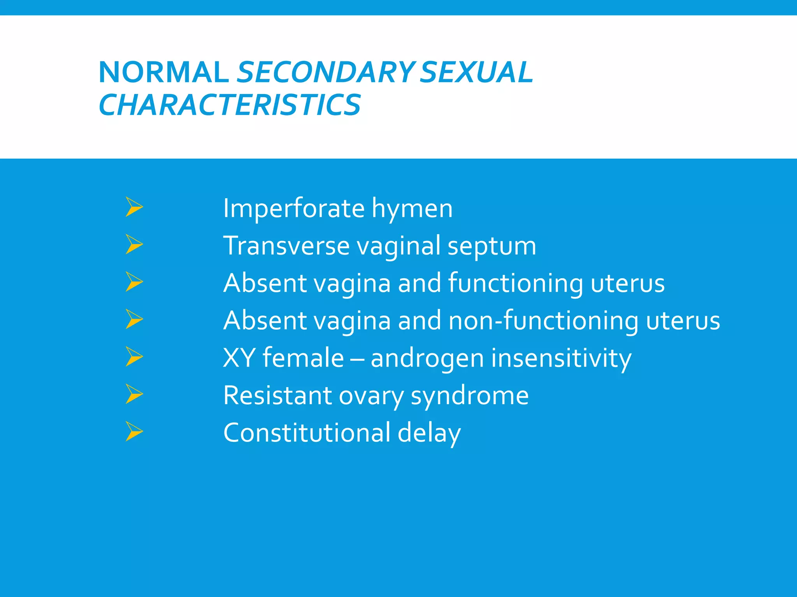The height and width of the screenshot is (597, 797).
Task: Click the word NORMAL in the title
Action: coord(163,72)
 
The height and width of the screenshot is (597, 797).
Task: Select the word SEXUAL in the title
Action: coord(476,72)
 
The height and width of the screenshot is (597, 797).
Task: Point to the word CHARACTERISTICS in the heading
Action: coord(230,105)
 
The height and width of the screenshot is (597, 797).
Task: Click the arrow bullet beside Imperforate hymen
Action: coord(134,207)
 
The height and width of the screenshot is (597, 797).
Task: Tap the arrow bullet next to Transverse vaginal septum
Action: coord(134,244)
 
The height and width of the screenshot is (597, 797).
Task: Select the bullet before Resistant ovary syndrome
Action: coord(134,394)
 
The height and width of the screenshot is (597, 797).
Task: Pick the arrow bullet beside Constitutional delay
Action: coord(134,432)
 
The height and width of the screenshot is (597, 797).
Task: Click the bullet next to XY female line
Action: coord(134,357)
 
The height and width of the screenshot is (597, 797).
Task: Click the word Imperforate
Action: coord(294,209)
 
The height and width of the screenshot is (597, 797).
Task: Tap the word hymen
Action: coord(412,209)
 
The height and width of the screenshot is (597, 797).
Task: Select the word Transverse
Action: coord(286,246)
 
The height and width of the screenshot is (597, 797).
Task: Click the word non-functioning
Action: coord(543,321)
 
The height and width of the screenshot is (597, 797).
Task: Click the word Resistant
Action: coord(277,396)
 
